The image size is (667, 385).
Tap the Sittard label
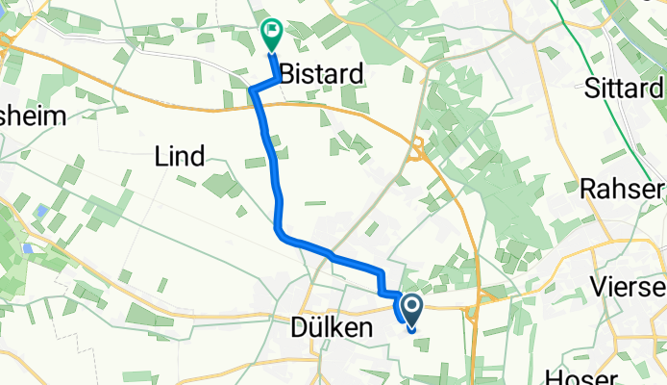click(x=625, y=90)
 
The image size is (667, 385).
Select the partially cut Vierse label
click(x=630, y=289)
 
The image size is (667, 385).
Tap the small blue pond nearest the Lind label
click(x=43, y=211)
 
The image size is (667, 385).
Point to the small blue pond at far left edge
click(x=30, y=248)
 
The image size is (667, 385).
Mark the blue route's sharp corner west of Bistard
click(x=253, y=90)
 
